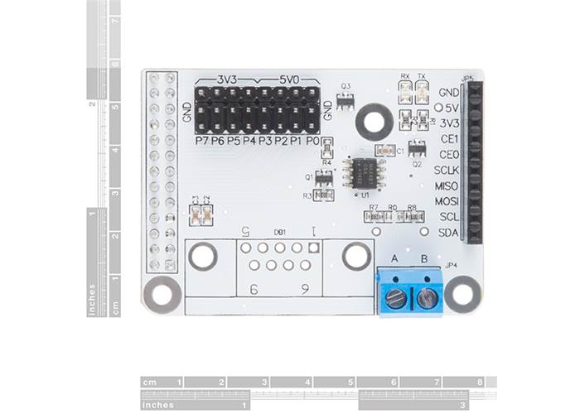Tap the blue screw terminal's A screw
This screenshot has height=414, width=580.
(396, 298)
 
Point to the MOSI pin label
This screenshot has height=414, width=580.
(447, 201)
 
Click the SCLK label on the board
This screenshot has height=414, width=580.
(447, 171)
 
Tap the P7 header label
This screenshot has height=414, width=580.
(201, 141)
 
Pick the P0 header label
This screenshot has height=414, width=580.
(312, 141)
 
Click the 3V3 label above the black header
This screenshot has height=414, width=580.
(227, 79)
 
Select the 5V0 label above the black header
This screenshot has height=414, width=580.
(289, 79)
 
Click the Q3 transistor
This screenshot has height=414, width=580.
(346, 100)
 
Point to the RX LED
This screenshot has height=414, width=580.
(405, 93)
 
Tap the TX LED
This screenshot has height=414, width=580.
(423, 93)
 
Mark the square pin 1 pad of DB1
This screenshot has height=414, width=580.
(313, 248)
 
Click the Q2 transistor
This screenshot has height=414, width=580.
(417, 149)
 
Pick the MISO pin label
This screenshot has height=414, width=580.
(447, 185)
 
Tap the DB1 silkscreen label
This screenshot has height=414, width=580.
(279, 233)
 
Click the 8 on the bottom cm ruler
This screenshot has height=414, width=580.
(480, 382)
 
